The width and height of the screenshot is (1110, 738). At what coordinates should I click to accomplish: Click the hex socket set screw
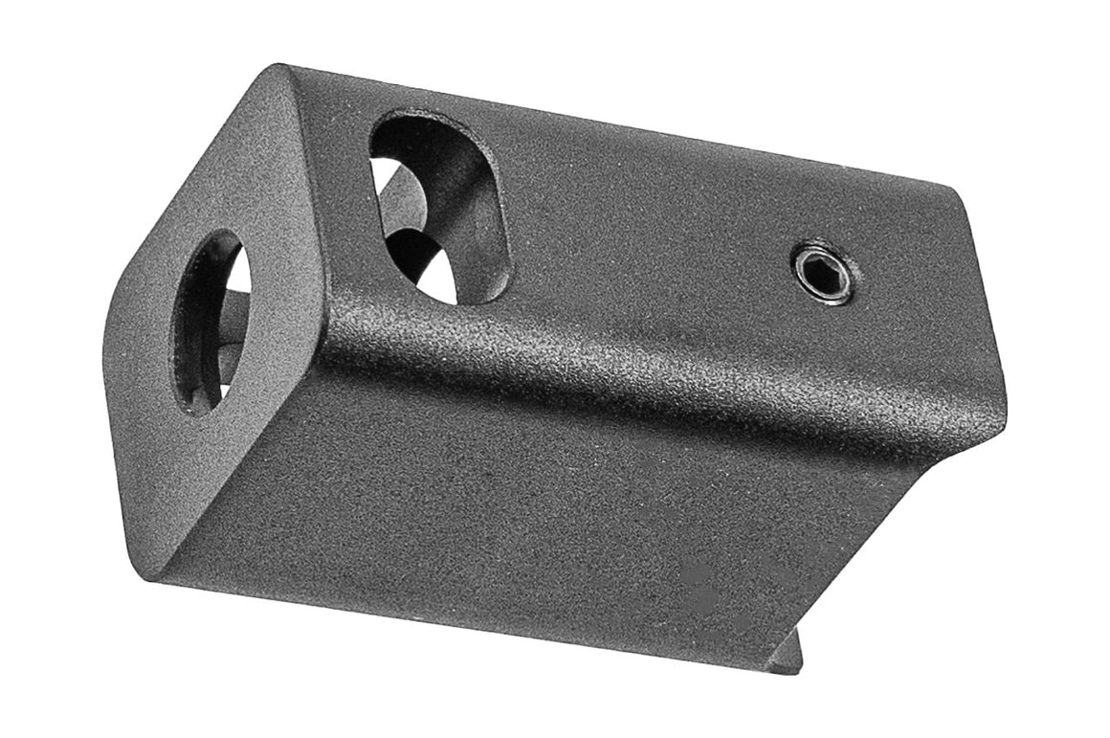pos(823,273)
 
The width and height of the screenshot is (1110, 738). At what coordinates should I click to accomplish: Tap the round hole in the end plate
pos(211,322)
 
